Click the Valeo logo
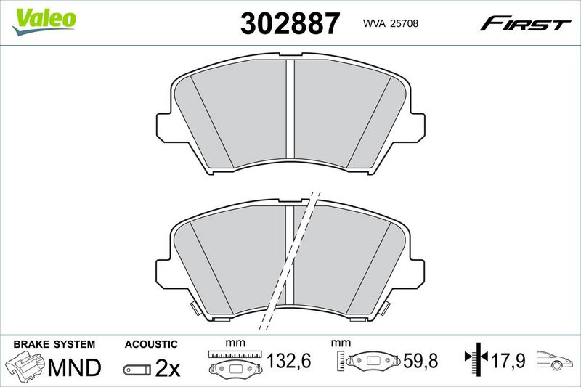44,22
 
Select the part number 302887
290,23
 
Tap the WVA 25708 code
391,23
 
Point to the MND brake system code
75,367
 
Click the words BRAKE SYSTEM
54,344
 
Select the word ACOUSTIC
151,344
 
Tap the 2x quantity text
168,367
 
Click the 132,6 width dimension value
289,361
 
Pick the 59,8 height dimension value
420,361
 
